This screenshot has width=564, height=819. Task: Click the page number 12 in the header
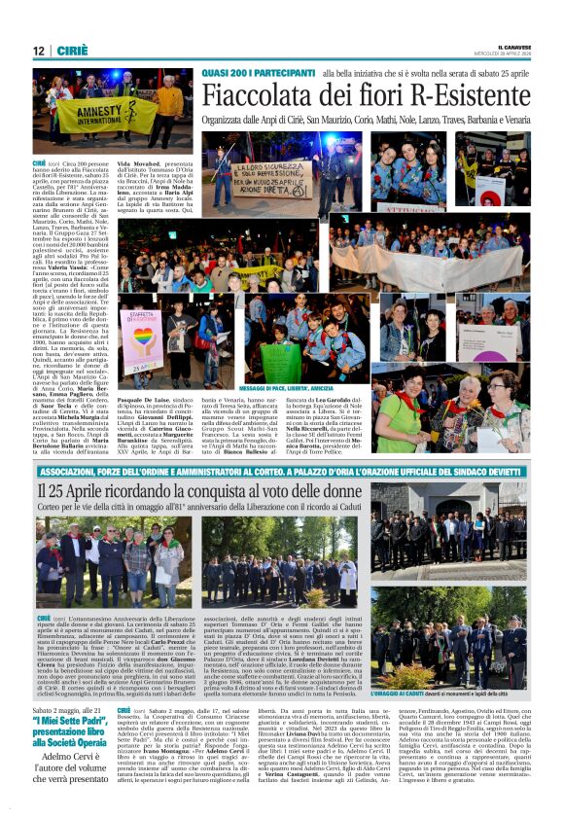click(x=38, y=51)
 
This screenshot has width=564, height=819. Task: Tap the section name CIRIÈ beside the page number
click(x=66, y=51)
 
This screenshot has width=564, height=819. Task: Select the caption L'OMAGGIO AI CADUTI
click(x=430, y=694)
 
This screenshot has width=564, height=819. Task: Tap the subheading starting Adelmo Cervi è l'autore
click(x=74, y=773)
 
